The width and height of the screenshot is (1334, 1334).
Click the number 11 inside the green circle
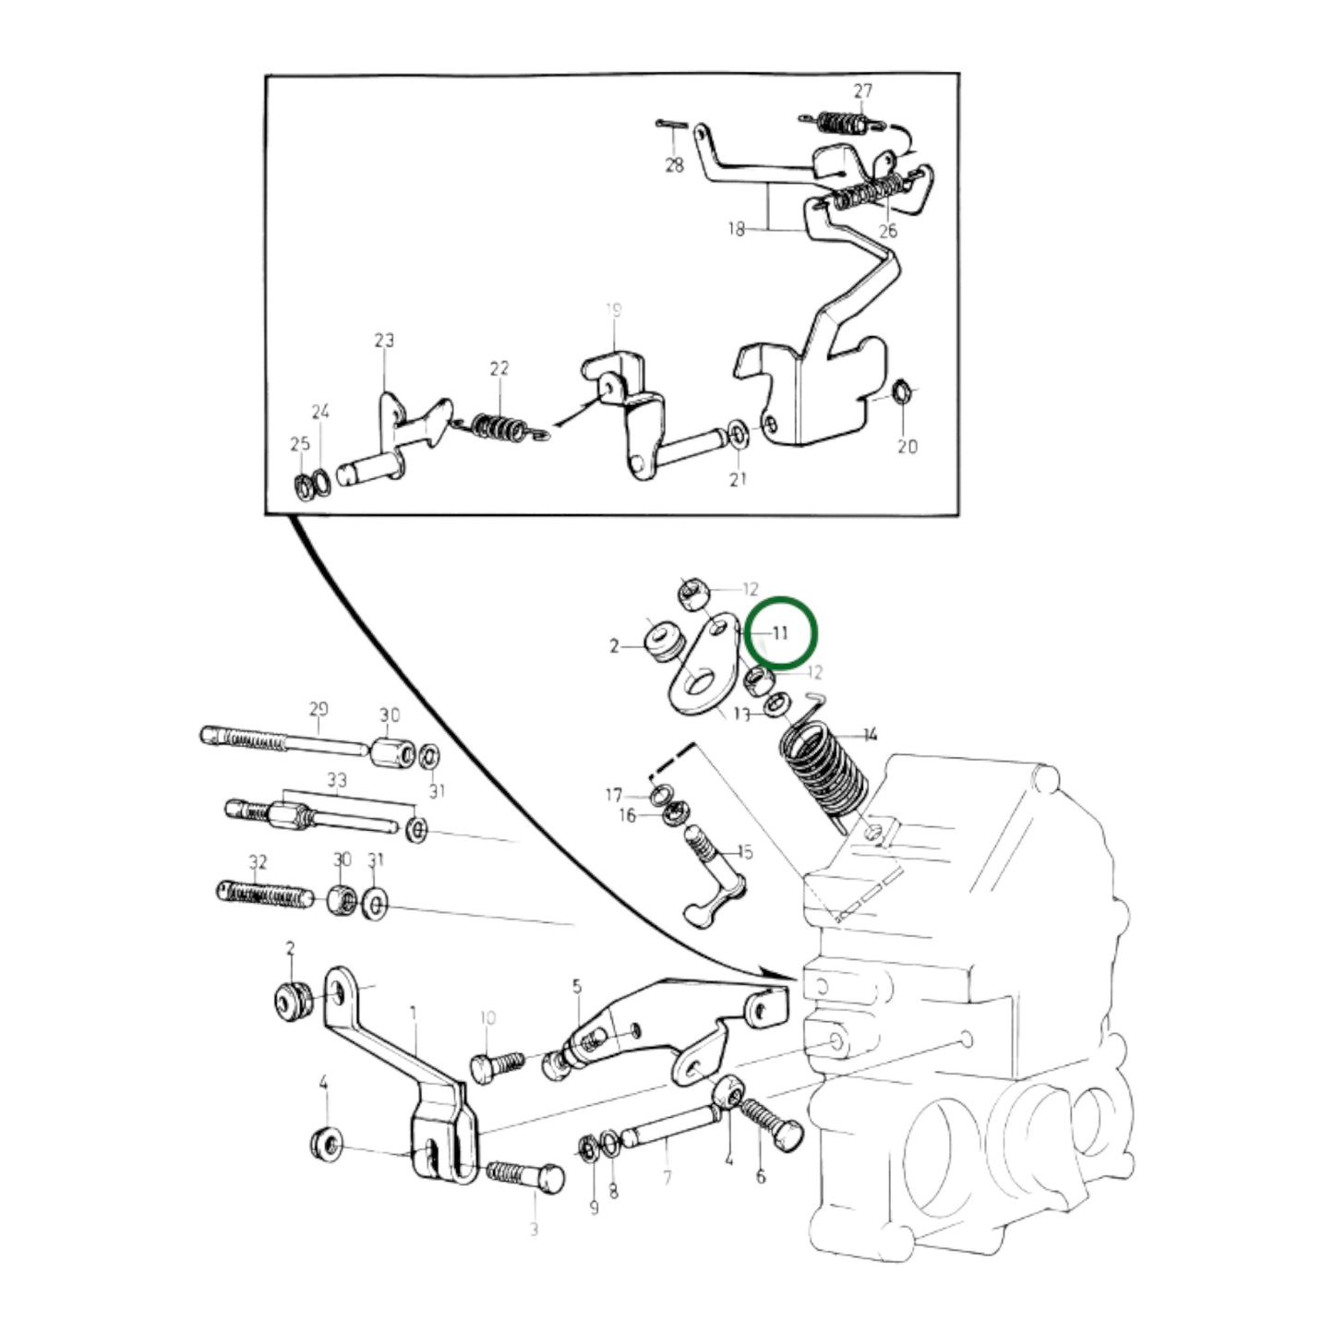(781, 633)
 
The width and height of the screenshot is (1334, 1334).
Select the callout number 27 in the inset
(862, 91)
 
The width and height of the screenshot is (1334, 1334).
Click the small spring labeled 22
(499, 426)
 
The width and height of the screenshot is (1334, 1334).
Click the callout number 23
(384, 341)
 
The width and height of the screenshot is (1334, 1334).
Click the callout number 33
(337, 781)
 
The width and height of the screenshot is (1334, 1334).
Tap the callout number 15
(744, 850)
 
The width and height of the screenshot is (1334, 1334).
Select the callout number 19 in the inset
(614, 311)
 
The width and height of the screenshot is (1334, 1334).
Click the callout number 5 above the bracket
(577, 987)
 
